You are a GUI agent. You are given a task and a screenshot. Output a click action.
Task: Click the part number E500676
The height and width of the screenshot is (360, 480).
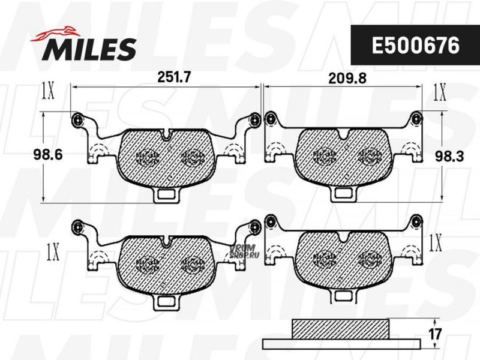(x=415, y=46)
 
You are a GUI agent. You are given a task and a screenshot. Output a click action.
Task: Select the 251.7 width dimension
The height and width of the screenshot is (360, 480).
(x=173, y=77)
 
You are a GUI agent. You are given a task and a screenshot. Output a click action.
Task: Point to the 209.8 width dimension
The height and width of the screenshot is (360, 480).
(x=347, y=79)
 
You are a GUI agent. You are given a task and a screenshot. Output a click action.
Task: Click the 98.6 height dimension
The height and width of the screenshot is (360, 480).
(x=48, y=155)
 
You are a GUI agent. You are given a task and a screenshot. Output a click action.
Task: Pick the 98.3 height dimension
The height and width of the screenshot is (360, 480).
(x=449, y=157)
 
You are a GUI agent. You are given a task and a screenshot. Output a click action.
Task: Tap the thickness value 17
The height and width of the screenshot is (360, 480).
(x=435, y=334)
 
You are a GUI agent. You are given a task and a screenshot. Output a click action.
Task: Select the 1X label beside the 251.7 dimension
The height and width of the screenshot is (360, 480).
(x=48, y=91)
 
